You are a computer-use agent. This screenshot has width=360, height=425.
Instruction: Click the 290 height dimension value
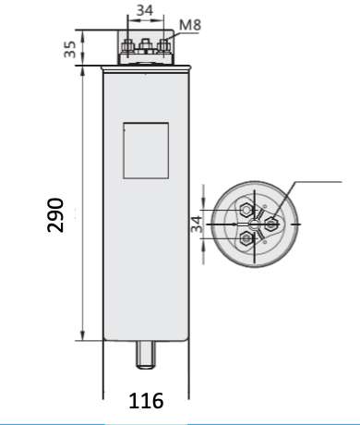[55, 214]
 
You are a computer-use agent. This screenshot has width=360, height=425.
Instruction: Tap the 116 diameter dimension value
[146, 401]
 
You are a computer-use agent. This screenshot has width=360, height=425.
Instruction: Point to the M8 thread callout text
[189, 25]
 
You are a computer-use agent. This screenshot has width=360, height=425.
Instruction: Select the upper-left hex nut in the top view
[247, 206]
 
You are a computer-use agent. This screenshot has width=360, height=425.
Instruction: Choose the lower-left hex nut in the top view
[247, 238]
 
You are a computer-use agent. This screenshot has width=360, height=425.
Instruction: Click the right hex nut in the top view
[271, 222]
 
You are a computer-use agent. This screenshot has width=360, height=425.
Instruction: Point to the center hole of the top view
[252, 223]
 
